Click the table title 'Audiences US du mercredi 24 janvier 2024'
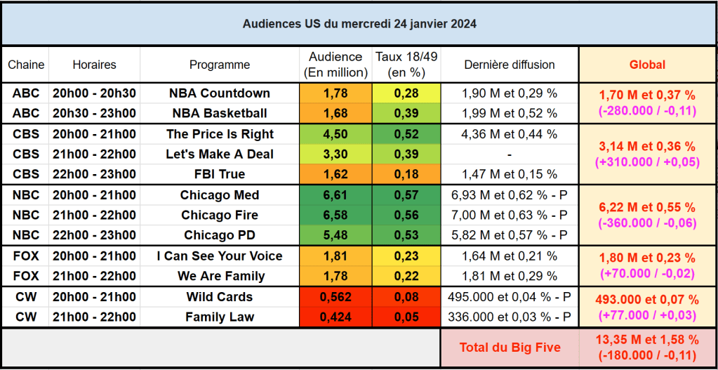click(x=359, y=24)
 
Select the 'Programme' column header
click(x=220, y=65)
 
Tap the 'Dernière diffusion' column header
click(x=510, y=65)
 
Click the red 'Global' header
click(x=647, y=65)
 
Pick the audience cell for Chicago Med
click(x=335, y=195)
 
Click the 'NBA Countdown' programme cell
click(x=220, y=93)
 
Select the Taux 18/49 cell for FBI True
click(x=406, y=174)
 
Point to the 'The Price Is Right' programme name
click(x=220, y=134)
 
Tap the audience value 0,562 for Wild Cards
click(x=335, y=297)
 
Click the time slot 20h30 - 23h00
click(x=94, y=113)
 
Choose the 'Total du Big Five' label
click(x=510, y=347)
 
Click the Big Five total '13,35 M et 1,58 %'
click(x=647, y=340)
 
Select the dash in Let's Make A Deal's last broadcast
click(x=510, y=154)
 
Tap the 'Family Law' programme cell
click(x=220, y=317)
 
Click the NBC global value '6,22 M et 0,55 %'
click(x=647, y=207)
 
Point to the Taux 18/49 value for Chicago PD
click(x=406, y=235)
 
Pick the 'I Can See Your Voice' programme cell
click(x=220, y=256)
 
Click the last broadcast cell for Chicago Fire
click(x=510, y=215)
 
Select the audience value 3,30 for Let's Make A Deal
click(x=335, y=154)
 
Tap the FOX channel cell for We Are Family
click(x=26, y=276)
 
